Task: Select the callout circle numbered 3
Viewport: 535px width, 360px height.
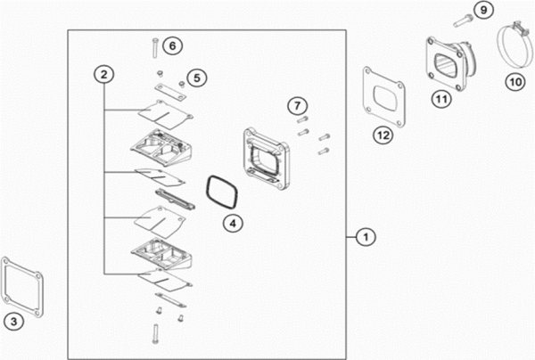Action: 12,321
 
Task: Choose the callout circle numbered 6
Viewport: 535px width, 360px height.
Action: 173,45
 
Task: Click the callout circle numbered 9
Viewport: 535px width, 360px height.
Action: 482,10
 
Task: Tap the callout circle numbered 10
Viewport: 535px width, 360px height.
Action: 514,82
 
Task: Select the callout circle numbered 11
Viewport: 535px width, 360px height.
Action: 440,99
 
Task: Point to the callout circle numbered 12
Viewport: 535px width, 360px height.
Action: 383,135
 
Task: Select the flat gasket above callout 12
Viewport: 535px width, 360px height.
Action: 383,94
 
